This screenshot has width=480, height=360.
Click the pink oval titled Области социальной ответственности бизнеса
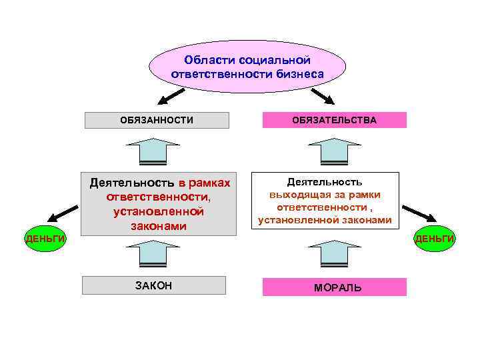click(247, 67)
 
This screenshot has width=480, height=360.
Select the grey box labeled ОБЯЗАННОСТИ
click(157, 120)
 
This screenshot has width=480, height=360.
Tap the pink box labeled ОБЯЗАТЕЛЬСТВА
click(334, 120)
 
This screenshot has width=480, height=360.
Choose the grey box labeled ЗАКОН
click(154, 285)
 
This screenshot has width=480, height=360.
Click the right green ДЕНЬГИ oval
click(435, 239)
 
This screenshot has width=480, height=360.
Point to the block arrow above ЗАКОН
click(153, 254)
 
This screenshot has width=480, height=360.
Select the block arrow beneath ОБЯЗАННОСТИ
click(153, 151)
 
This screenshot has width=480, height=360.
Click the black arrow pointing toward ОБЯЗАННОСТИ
click(171, 97)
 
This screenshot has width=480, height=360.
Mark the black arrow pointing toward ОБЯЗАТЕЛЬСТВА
click(324, 97)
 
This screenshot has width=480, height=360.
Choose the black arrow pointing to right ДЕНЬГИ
click(420, 214)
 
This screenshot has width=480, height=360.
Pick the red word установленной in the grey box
click(158, 212)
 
